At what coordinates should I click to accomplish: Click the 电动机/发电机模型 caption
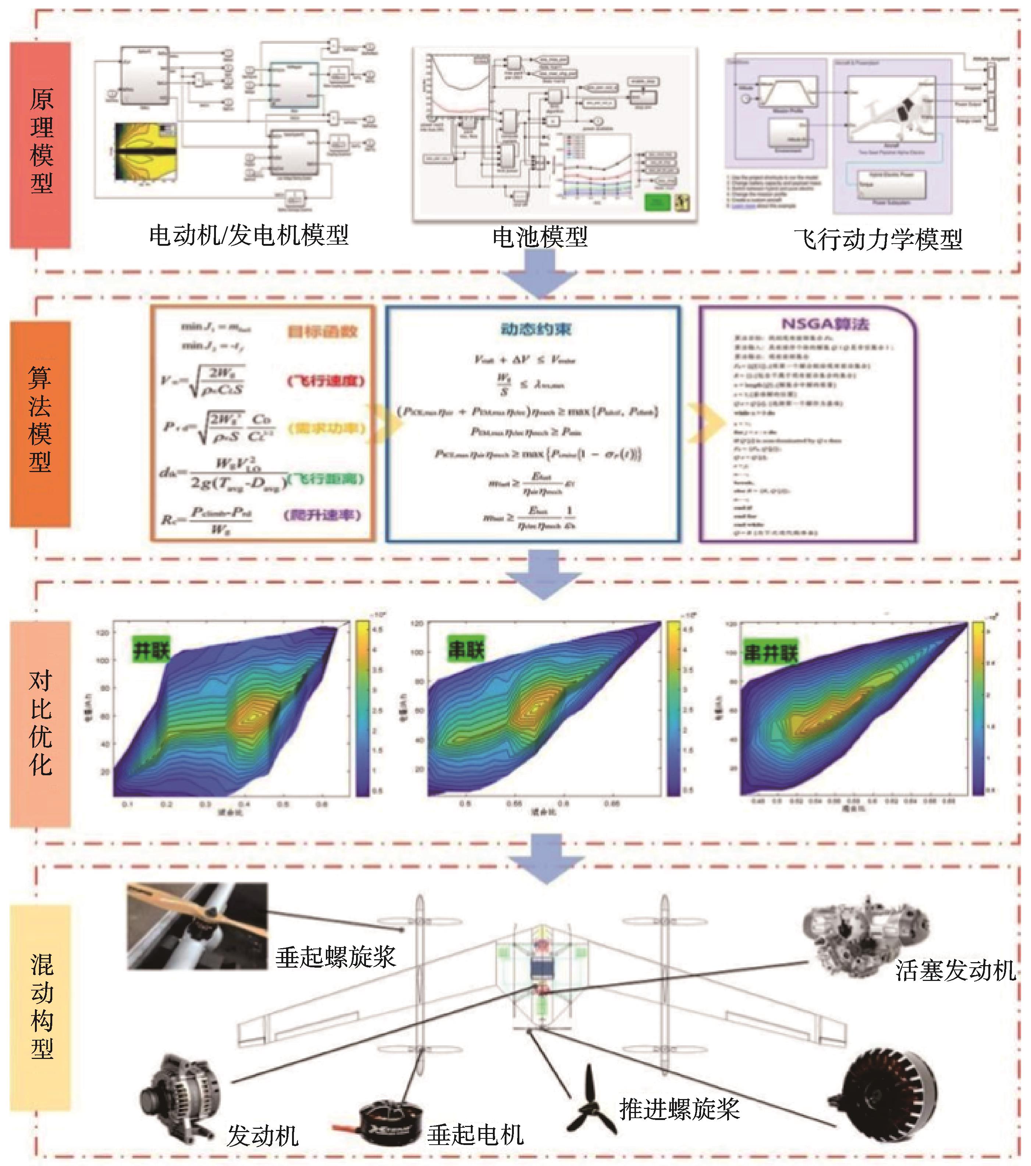pyautogui.click(x=249, y=235)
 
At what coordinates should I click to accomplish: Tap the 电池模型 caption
pyautogui.click(x=540, y=237)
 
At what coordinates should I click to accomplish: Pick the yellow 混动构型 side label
pyautogui.click(x=41, y=1006)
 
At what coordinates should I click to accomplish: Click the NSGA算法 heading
pyautogui.click(x=825, y=324)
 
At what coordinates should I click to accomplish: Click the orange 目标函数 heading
pyautogui.click(x=322, y=331)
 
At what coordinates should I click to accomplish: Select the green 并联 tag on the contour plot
pyautogui.click(x=151, y=650)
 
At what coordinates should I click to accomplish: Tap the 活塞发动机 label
pyautogui.click(x=956, y=970)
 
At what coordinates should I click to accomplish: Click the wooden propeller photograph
pyautogui.click(x=197, y=926)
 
